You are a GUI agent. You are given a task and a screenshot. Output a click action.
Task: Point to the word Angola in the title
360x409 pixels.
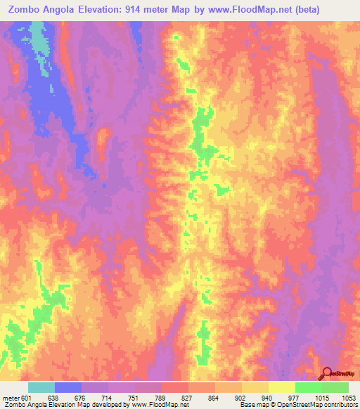[64, 10]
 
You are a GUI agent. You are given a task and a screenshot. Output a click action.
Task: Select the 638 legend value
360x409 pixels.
[54, 397]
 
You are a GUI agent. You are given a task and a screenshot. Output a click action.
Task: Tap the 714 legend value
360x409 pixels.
[108, 397]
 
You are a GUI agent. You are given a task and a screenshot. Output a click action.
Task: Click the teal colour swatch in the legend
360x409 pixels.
[41, 387]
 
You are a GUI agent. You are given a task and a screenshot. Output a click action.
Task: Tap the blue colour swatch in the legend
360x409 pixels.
[67, 387]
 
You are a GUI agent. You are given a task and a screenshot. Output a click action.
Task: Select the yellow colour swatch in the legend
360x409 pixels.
[281, 387]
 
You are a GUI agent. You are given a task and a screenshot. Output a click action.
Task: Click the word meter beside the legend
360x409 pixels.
[11, 397]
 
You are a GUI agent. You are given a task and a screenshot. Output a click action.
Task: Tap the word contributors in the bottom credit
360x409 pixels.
[340, 405]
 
